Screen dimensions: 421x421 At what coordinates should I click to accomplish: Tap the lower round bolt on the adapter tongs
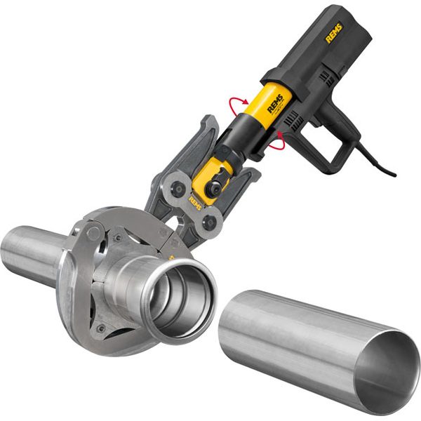click(208, 223)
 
